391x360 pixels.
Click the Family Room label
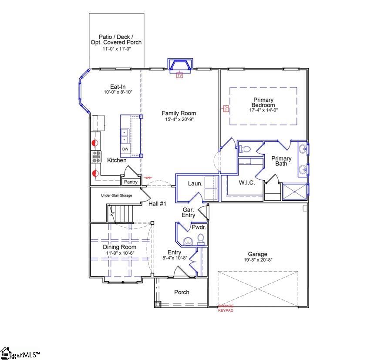pyautogui.click(x=179, y=113)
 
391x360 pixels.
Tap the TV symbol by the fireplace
pyautogui.click(x=179, y=75)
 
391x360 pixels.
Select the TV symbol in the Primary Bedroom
pyautogui.click(x=226, y=109)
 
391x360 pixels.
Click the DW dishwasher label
pyautogui.click(x=125, y=149)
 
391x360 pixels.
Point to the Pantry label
pyautogui.click(x=131, y=182)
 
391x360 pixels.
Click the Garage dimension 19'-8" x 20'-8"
pyautogui.click(x=257, y=260)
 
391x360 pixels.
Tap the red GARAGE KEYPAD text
pyautogui.click(x=226, y=309)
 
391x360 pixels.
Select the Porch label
pyautogui.click(x=182, y=292)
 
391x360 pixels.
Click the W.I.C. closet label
pyautogui.click(x=246, y=183)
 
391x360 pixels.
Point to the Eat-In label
pyautogui.click(x=118, y=87)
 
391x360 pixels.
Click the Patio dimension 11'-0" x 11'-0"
pyautogui.click(x=116, y=49)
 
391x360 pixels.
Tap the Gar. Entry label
pyautogui.click(x=189, y=212)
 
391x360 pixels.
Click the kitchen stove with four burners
pyautogui.click(x=96, y=157)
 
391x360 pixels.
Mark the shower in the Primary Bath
pyautogui.click(x=294, y=192)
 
